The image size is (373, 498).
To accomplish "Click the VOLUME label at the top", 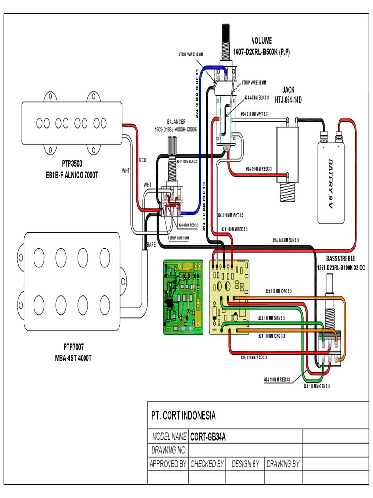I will click(262, 40).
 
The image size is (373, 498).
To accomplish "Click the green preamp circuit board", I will click(183, 297).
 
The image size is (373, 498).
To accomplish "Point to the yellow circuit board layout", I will click(228, 297).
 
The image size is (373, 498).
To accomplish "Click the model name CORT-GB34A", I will click(208, 436).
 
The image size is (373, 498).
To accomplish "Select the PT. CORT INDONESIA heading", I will click(183, 416).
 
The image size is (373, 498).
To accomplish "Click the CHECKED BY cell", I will click(207, 464).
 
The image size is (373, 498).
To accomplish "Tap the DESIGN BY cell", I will click(245, 464).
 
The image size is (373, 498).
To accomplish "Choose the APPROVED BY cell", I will click(168, 464).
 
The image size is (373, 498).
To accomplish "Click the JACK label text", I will click(288, 90).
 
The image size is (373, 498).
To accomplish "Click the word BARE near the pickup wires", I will click(151, 245).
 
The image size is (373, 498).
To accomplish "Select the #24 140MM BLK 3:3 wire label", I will click(286, 240).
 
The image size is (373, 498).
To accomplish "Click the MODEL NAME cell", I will click(169, 436).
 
